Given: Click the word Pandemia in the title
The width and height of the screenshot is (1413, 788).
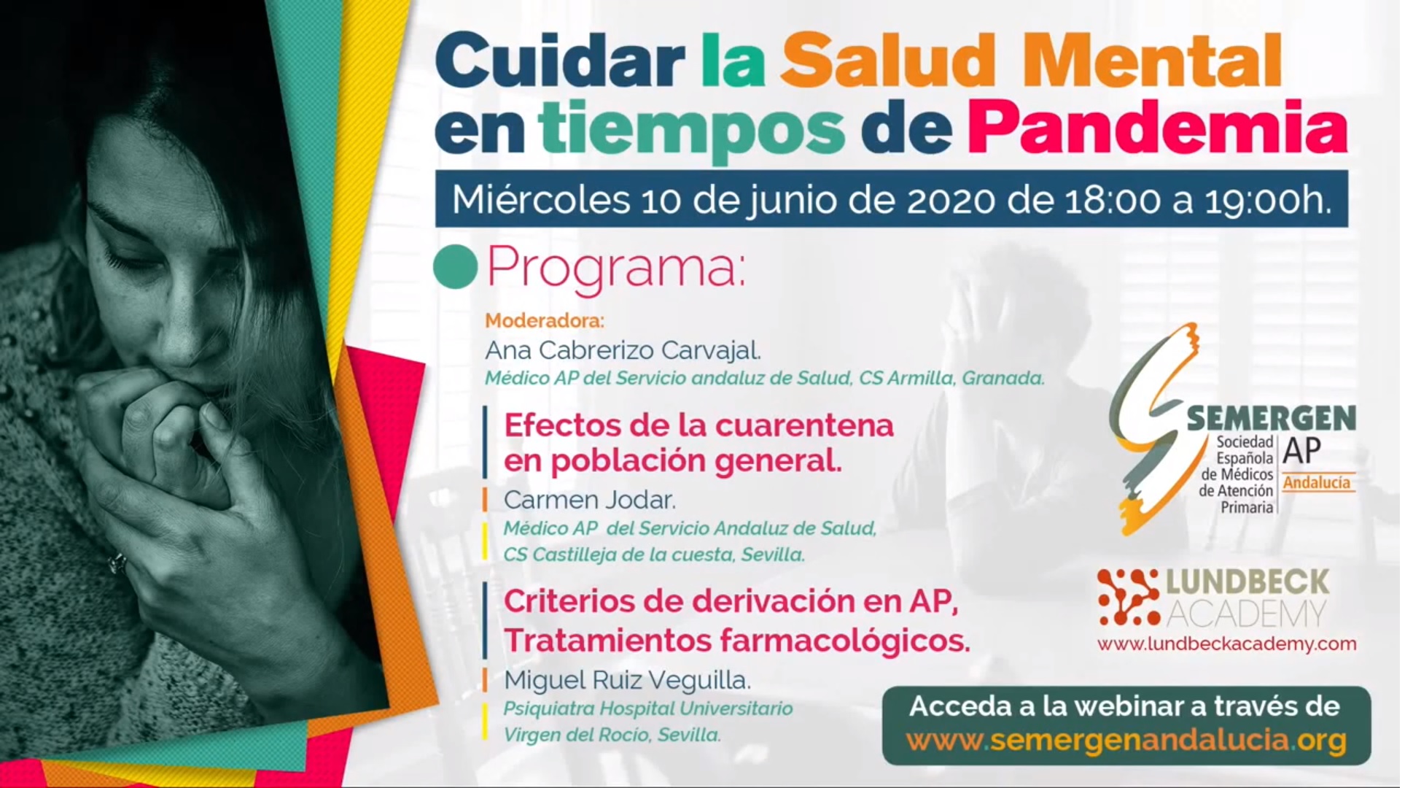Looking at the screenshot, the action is [1157, 128].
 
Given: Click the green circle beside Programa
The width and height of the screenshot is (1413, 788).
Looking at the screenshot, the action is [455, 267].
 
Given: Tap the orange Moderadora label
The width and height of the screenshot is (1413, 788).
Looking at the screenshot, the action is [545, 321].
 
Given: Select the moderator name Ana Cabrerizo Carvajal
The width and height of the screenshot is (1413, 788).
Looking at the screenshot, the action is [623, 351].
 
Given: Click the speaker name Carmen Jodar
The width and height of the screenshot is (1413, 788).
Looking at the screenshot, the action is [590, 501].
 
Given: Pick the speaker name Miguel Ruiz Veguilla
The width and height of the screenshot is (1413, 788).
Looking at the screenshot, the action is [627, 681].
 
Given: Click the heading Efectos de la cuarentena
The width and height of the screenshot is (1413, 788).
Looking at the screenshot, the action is [698, 425].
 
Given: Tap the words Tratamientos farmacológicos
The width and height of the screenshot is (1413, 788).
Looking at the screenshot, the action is [737, 641].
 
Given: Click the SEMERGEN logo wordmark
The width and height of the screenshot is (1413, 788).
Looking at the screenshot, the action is [1272, 419].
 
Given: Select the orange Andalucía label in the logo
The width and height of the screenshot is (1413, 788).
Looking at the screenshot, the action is [1317, 482].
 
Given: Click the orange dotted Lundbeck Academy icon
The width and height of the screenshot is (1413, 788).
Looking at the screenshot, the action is [1128, 597].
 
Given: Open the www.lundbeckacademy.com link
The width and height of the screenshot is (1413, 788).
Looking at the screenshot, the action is [1227, 644].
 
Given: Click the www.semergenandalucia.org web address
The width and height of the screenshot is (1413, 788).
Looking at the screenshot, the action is [1126, 741].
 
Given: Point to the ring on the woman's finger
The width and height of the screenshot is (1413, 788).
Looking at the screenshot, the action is [117, 563].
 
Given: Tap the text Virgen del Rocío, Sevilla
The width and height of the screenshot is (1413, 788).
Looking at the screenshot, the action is [612, 735].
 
